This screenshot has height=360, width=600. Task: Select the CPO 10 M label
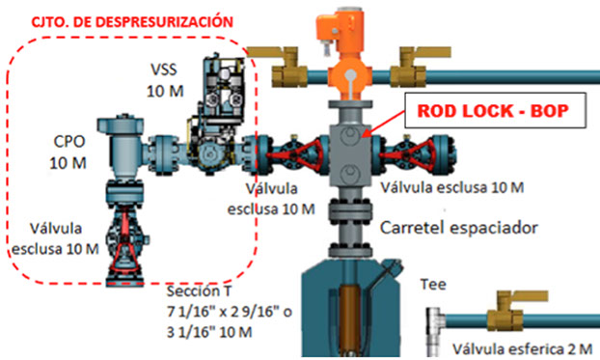[68, 153]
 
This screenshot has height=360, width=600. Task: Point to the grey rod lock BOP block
[351, 145]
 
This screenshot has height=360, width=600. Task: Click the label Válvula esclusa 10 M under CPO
[55, 239]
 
